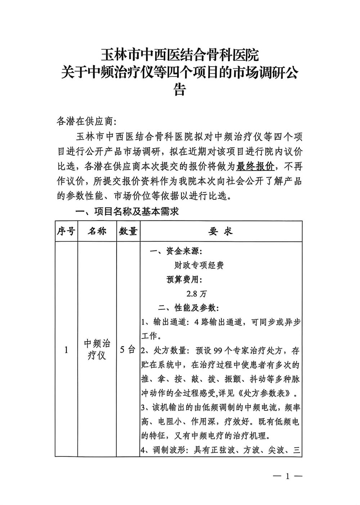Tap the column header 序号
click(x=66, y=231)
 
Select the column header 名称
click(x=97, y=231)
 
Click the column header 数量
click(x=128, y=231)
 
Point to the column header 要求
click(x=220, y=231)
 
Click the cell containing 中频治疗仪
click(x=97, y=349)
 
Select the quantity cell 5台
click(x=128, y=349)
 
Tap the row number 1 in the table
click(x=66, y=349)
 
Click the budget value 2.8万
click(x=197, y=294)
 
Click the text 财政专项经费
click(x=199, y=265)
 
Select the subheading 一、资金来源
click(x=176, y=251)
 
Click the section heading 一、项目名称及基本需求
click(x=126, y=212)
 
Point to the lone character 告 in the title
click(x=180, y=90)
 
